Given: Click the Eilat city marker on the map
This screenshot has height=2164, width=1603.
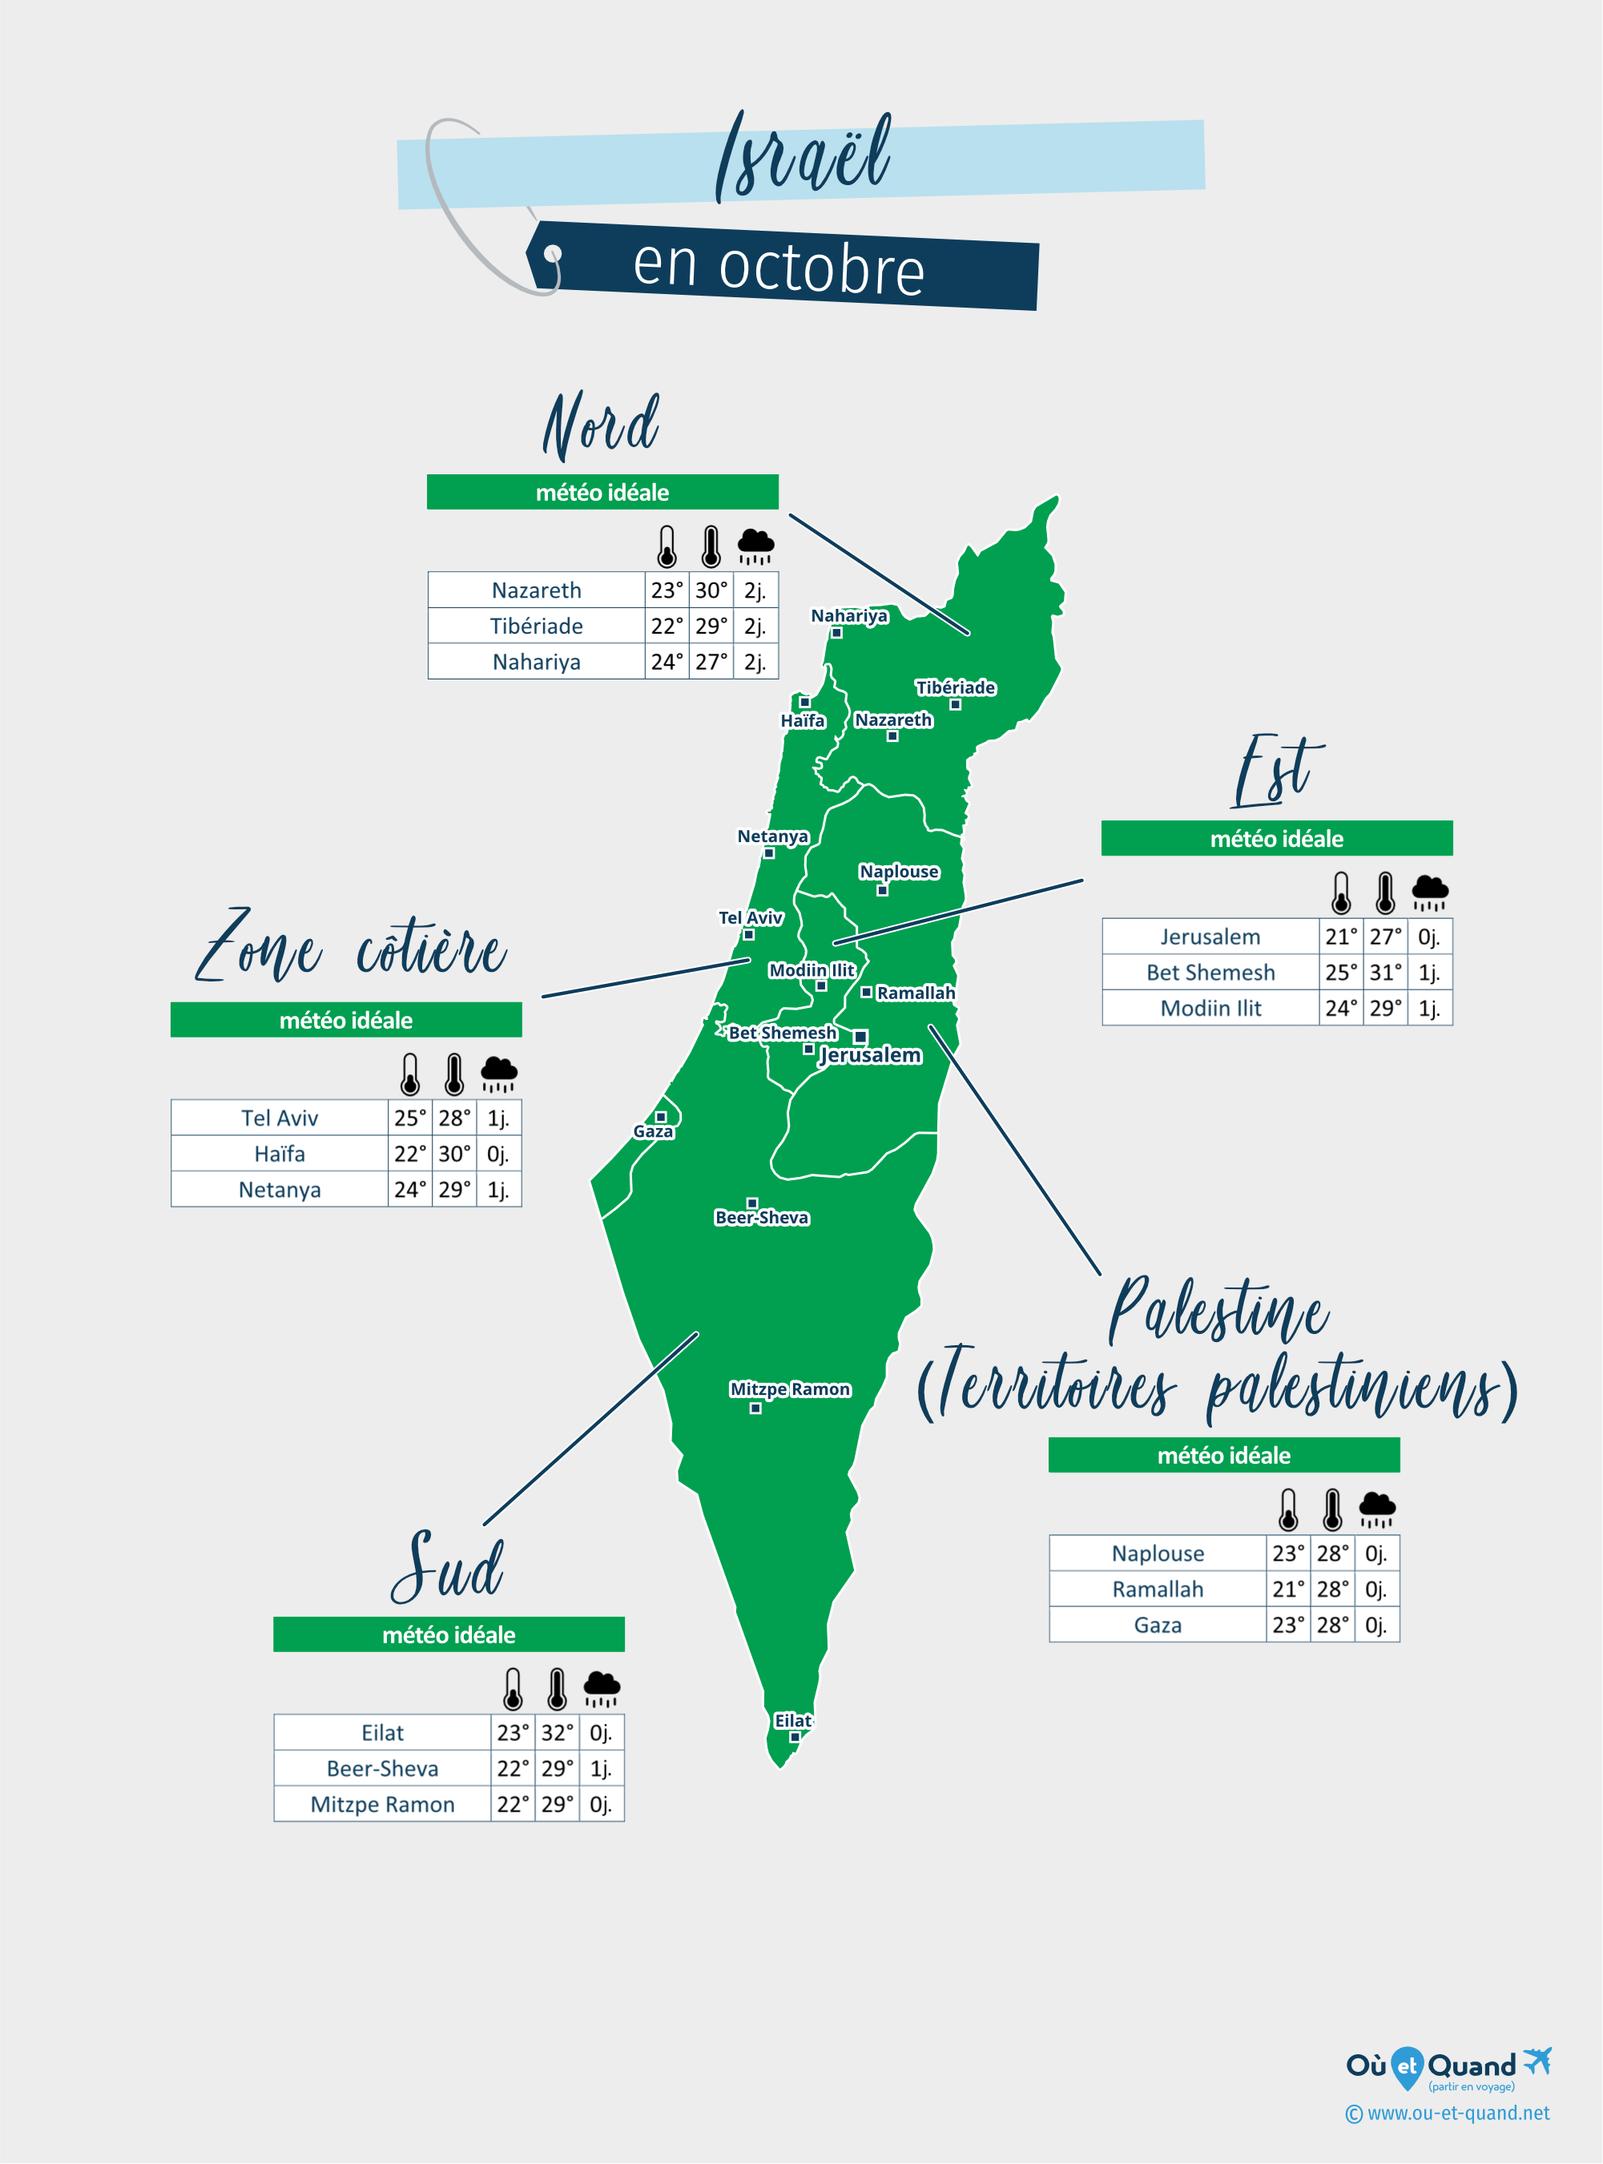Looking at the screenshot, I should pos(795,1737).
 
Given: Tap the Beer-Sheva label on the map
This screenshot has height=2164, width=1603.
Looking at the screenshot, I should pos(762,1218).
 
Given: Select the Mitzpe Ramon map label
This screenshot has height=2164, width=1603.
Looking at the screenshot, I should pos(790,1388).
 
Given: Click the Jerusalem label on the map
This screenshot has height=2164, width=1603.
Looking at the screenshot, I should pos(870,1055).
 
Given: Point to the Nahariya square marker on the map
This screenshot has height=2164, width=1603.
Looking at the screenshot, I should pos(836,633).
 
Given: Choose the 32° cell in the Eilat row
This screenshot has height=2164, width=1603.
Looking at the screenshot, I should pos(557,1733).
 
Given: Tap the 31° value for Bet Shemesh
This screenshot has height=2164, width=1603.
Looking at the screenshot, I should pos(1384,973).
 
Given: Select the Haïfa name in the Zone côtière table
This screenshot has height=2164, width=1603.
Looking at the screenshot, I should pos(280,1154).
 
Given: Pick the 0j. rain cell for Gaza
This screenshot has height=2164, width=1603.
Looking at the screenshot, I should pos(1376,1625).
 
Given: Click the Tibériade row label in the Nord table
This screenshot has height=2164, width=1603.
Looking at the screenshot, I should pos(536,626).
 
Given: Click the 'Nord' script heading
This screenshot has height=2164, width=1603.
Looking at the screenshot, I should pos(602,426).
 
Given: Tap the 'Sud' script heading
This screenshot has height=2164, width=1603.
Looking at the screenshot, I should pos(447,1566).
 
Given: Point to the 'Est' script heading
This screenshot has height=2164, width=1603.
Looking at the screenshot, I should pos(1276,772).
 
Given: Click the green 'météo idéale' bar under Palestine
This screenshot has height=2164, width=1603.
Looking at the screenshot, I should pos(1223,1455).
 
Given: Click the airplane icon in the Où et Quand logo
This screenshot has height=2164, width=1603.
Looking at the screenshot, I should pos(1538,2059).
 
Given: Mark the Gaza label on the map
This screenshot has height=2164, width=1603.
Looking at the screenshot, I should pos(653,1131).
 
